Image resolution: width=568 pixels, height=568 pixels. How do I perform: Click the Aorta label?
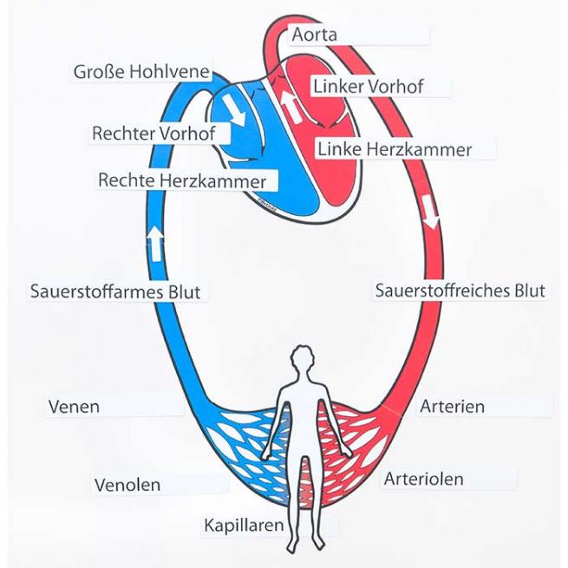click(x=315, y=36)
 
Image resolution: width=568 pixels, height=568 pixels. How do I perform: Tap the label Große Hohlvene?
click(x=141, y=72)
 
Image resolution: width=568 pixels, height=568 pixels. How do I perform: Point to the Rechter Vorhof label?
click(x=153, y=134)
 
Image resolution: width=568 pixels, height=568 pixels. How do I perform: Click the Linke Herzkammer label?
click(x=395, y=149)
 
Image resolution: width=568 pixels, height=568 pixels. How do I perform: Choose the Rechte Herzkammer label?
click(x=181, y=180)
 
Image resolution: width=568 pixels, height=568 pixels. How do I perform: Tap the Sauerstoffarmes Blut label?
click(x=114, y=291)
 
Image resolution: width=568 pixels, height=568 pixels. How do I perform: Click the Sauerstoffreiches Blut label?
click(x=460, y=291)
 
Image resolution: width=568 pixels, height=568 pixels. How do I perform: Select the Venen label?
click(x=75, y=406)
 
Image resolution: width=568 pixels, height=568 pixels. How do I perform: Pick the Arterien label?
click(x=452, y=406)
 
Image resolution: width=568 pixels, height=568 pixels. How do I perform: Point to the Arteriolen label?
click(x=423, y=479)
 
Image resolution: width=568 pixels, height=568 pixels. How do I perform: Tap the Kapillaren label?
click(x=244, y=526)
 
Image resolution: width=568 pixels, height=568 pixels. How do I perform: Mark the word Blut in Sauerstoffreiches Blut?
click(x=526, y=291)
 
